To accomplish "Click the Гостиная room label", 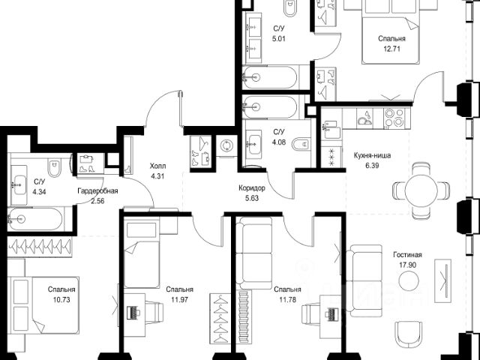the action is pos(407,255).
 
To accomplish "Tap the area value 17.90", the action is pos(407,265).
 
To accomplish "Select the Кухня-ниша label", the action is pos(372,155).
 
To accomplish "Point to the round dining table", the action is pos(421,190).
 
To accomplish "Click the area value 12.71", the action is pos(391,49).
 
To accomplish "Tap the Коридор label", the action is pos(252,188).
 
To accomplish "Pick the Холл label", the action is pos(157,166).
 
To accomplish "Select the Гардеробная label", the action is pos(97,191).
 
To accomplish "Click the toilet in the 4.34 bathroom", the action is pos(55,167).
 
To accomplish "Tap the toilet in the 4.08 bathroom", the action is pos(301,144).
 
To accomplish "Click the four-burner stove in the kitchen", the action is pos(394,118).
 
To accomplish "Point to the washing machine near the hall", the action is pos(226,145).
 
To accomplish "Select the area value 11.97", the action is pos(179,300).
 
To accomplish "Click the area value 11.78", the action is pos(287,300).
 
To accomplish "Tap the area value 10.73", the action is pos(61,300).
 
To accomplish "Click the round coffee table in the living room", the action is pos(409,280).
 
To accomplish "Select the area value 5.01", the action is pos(279,39).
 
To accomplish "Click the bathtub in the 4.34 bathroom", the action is pos(36,218).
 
